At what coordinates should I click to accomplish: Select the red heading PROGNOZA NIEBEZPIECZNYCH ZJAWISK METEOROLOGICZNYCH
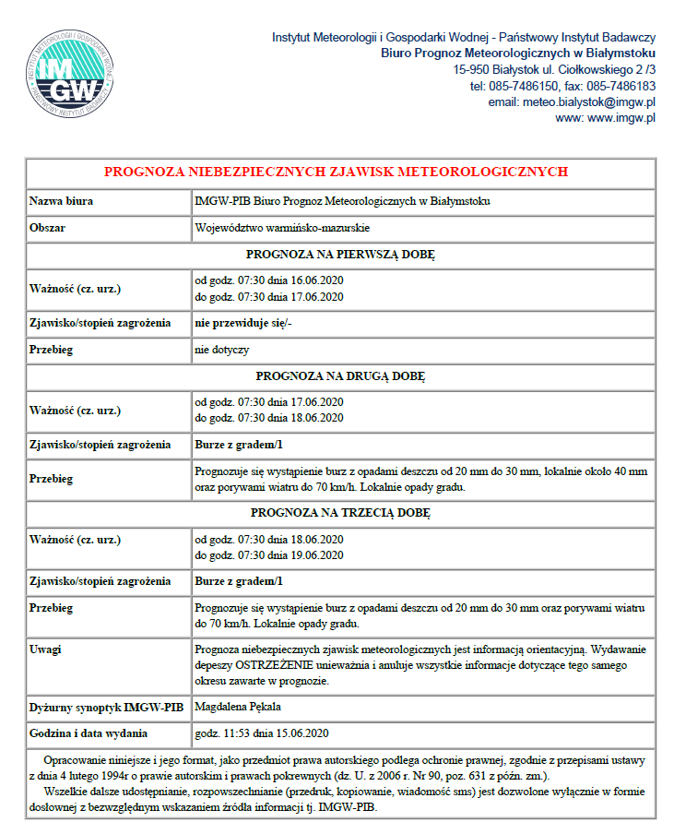point(336,172)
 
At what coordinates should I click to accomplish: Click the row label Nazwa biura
point(61,201)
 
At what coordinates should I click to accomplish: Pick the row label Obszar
point(47,228)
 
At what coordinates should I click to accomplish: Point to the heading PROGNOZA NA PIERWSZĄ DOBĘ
point(340,255)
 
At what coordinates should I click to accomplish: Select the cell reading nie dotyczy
point(221,350)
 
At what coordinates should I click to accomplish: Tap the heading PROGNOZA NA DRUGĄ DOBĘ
point(340,376)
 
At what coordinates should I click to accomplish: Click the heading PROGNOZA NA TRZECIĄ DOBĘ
point(340,512)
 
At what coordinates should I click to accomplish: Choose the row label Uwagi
point(46,649)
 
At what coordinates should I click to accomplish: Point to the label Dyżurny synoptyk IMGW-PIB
point(107,708)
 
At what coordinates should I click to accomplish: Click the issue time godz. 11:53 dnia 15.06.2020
point(262,733)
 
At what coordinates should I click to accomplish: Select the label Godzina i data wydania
point(89,733)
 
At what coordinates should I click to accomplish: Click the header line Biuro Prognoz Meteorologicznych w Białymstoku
point(518,54)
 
